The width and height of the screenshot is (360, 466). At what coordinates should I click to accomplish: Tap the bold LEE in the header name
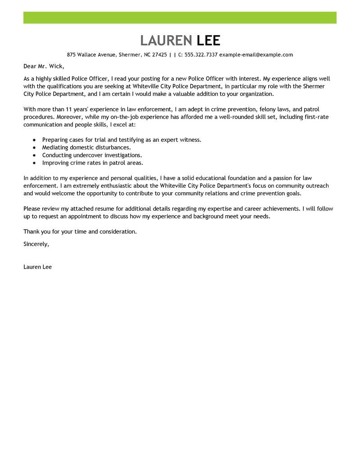209,41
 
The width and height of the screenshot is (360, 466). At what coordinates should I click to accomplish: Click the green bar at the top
180,18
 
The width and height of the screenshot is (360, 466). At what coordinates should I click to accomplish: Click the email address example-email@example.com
256,55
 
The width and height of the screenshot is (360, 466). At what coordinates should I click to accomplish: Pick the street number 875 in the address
72,55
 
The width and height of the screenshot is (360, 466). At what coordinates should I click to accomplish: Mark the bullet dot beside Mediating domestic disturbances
34,147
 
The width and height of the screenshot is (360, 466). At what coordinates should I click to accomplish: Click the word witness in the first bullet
190,140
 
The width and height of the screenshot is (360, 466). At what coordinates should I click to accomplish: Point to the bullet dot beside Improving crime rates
34,163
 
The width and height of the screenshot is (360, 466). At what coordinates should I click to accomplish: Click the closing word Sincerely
36,244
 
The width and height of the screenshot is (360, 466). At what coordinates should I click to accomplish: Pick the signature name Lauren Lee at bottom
37,267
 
